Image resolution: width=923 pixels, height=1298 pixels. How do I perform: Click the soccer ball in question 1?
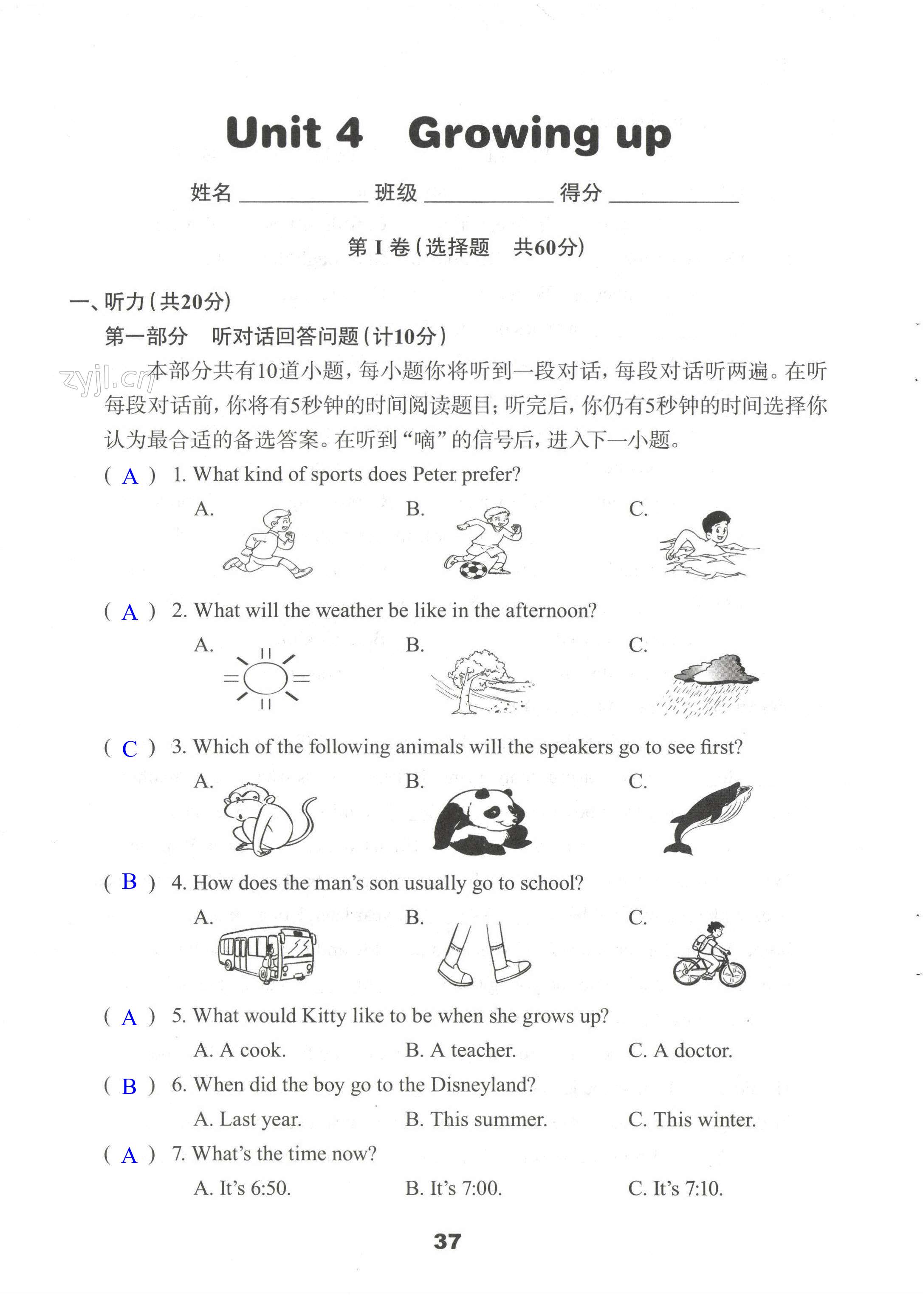473,570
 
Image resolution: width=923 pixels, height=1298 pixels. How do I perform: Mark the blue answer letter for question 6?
130,1086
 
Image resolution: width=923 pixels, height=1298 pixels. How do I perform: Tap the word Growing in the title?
503,134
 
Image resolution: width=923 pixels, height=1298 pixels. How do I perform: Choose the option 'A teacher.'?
461,1050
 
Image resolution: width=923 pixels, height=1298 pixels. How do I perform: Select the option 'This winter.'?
692,1119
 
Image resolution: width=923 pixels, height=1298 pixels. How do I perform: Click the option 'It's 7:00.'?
454,1188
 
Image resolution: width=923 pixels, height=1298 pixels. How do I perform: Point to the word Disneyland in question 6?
483,1085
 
